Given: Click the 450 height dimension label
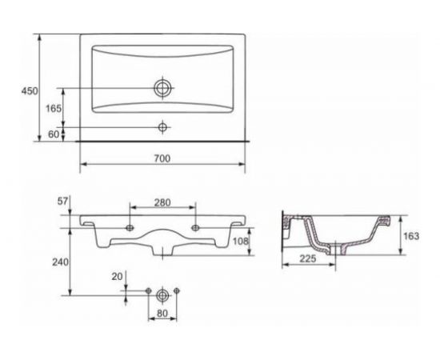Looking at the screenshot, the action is click(x=30, y=91).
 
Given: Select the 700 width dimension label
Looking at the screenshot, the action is click(x=162, y=158).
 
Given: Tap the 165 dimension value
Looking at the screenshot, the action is click(x=54, y=108).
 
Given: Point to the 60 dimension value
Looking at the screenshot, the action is click(x=54, y=134).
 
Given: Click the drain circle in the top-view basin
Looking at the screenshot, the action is click(x=162, y=88).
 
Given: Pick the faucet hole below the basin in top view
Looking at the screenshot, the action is click(x=162, y=127).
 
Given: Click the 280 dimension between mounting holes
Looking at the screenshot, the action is click(x=162, y=202).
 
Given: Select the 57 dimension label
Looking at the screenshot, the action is click(x=63, y=201).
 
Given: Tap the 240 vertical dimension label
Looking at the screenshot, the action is click(x=60, y=262).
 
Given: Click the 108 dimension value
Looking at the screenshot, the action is click(x=241, y=241).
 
